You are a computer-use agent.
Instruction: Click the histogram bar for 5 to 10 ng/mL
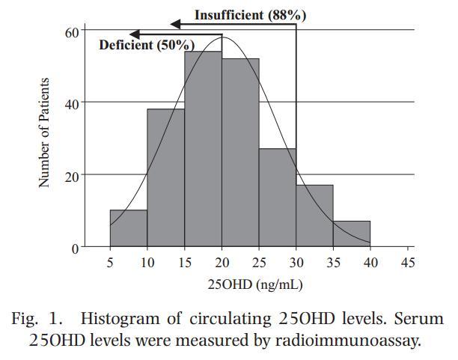pyautogui.click(x=128, y=229)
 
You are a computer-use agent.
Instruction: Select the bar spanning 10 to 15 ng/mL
pyautogui.click(x=165, y=178)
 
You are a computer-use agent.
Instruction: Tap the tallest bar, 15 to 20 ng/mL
pyautogui.click(x=203, y=150)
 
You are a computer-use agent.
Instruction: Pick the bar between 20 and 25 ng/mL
pyautogui.click(x=240, y=153)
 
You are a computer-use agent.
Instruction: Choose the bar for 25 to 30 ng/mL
pyautogui.click(x=277, y=198)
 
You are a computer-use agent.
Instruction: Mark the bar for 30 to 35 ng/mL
pyautogui.click(x=314, y=216)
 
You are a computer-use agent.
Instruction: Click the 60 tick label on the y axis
pyautogui.click(x=72, y=31)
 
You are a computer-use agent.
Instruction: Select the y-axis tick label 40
pyautogui.click(x=72, y=103)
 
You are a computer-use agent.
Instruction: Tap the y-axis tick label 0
pyautogui.click(x=76, y=248)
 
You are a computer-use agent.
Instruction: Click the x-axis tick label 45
pyautogui.click(x=407, y=263)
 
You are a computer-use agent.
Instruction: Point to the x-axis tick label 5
pyautogui.click(x=110, y=263)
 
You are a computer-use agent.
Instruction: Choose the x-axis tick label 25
pyautogui.click(x=258, y=263)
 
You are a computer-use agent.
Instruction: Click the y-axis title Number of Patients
pyautogui.click(x=45, y=133)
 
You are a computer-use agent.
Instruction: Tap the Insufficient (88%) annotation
pyautogui.click(x=250, y=15)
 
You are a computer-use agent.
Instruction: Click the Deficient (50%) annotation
pyautogui.click(x=147, y=45)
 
